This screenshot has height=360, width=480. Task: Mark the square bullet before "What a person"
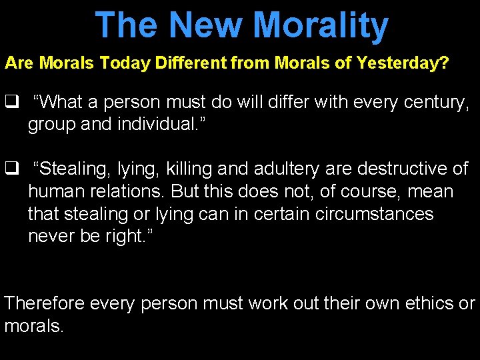coord(11,103)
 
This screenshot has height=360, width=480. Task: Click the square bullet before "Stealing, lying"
coord(11,169)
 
